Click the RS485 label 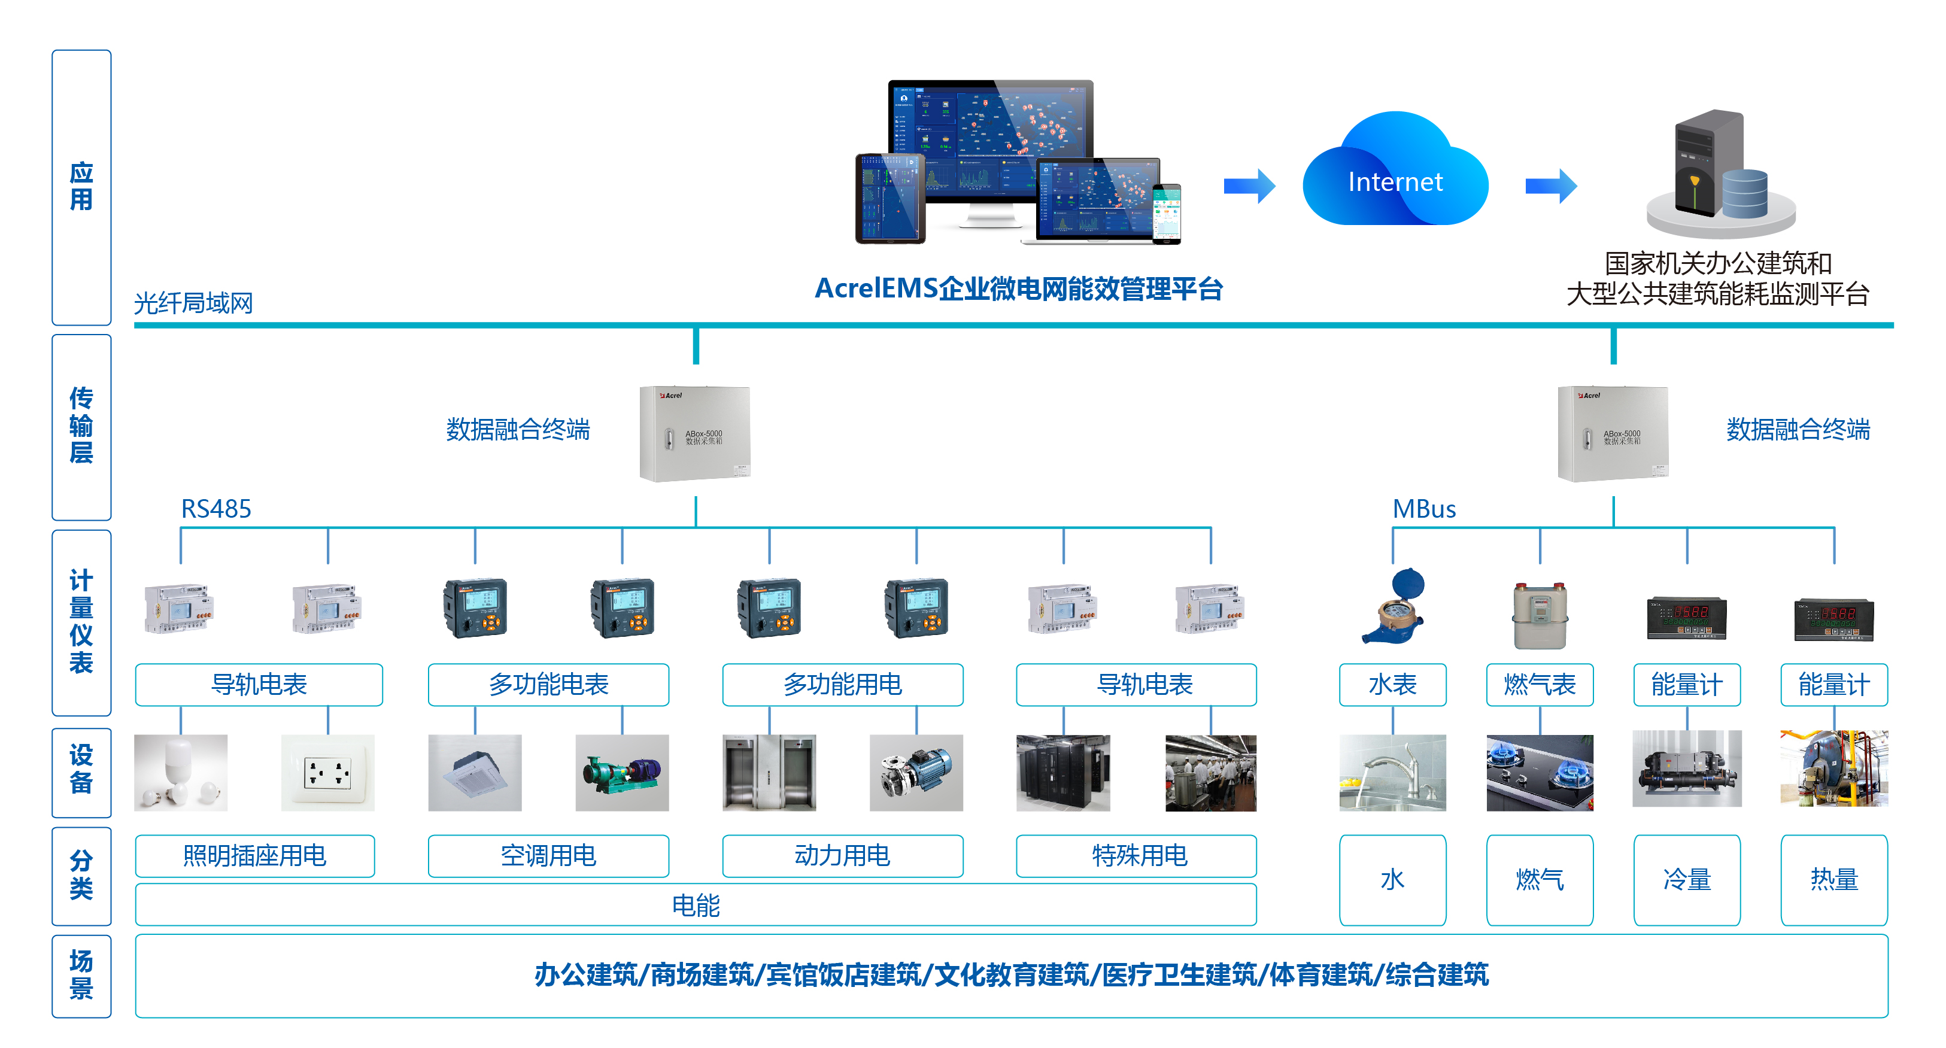pyautogui.click(x=215, y=509)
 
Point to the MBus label pyautogui.click(x=1423, y=509)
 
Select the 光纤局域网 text pyautogui.click(x=193, y=303)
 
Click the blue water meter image pyautogui.click(x=1394, y=607)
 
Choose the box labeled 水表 pyautogui.click(x=1392, y=685)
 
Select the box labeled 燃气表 pyautogui.click(x=1540, y=685)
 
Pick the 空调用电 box pyautogui.click(x=548, y=855)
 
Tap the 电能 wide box pyautogui.click(x=695, y=904)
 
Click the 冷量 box pyautogui.click(x=1686, y=879)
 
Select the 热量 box pyautogui.click(x=1833, y=879)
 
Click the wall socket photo pyautogui.click(x=327, y=772)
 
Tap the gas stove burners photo pyautogui.click(x=1540, y=772)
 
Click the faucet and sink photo pyautogui.click(x=1392, y=772)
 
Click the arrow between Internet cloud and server pyautogui.click(x=1550, y=185)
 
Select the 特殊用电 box pyautogui.click(x=1136, y=855)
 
